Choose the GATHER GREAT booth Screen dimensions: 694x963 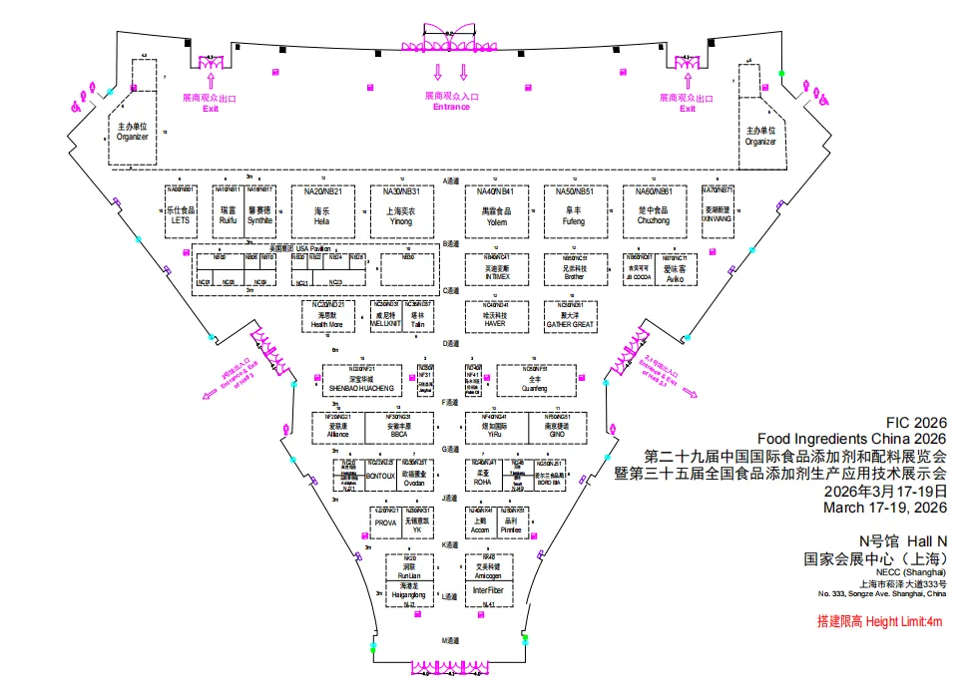click(x=570, y=318)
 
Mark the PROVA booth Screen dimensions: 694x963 click(x=385, y=523)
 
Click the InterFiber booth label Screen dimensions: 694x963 click(x=488, y=590)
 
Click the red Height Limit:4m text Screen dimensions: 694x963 click(x=879, y=622)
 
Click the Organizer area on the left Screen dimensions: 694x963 click(x=132, y=132)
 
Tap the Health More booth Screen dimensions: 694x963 click(x=327, y=318)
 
